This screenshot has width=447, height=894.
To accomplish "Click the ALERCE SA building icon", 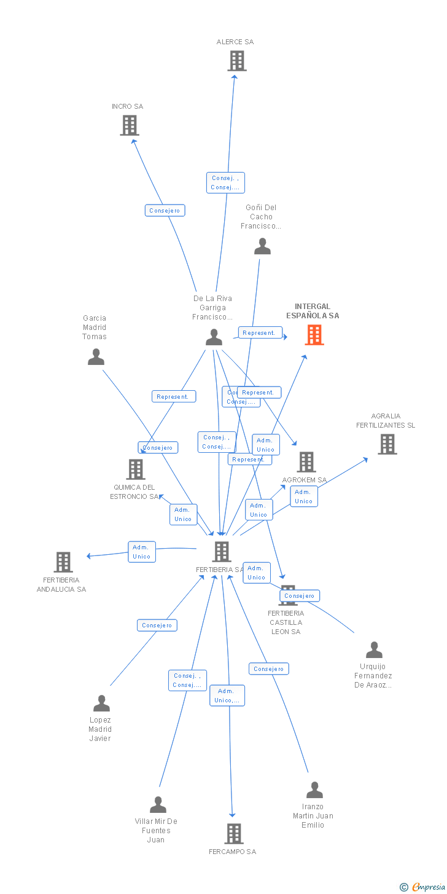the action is click(237, 61).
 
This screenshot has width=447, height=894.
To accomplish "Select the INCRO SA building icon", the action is click(130, 125).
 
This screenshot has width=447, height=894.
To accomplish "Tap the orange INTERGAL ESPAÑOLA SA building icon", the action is click(314, 335).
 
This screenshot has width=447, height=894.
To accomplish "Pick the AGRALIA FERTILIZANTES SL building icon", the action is click(387, 444).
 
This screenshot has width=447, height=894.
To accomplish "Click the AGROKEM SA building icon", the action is click(306, 462).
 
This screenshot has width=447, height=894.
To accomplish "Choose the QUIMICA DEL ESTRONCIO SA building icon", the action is click(136, 469).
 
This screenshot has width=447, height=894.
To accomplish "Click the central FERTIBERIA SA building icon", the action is click(222, 552).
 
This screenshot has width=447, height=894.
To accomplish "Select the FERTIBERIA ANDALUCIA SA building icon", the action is click(63, 562).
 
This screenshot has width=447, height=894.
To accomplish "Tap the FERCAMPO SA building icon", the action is click(234, 834).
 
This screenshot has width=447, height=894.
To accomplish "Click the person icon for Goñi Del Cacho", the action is click(262, 246).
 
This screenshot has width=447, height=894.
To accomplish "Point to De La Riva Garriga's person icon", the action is click(214, 337).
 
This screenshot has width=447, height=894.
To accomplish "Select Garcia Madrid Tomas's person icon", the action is click(96, 357).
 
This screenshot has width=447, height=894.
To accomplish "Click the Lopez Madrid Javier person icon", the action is click(101, 704).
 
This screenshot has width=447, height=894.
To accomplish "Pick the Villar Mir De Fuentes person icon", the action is click(158, 805).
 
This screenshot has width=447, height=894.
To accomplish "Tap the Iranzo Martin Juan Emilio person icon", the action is click(314, 790).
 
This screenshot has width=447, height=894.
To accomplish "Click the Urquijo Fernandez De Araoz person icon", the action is click(374, 650).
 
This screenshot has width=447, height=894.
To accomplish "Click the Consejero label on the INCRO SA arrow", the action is click(165, 211).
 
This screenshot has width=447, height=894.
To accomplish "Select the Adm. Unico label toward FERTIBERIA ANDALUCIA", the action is click(142, 552).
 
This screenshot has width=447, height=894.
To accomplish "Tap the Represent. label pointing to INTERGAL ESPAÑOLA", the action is click(260, 333).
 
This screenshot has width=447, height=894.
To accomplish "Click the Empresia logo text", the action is click(427, 887).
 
